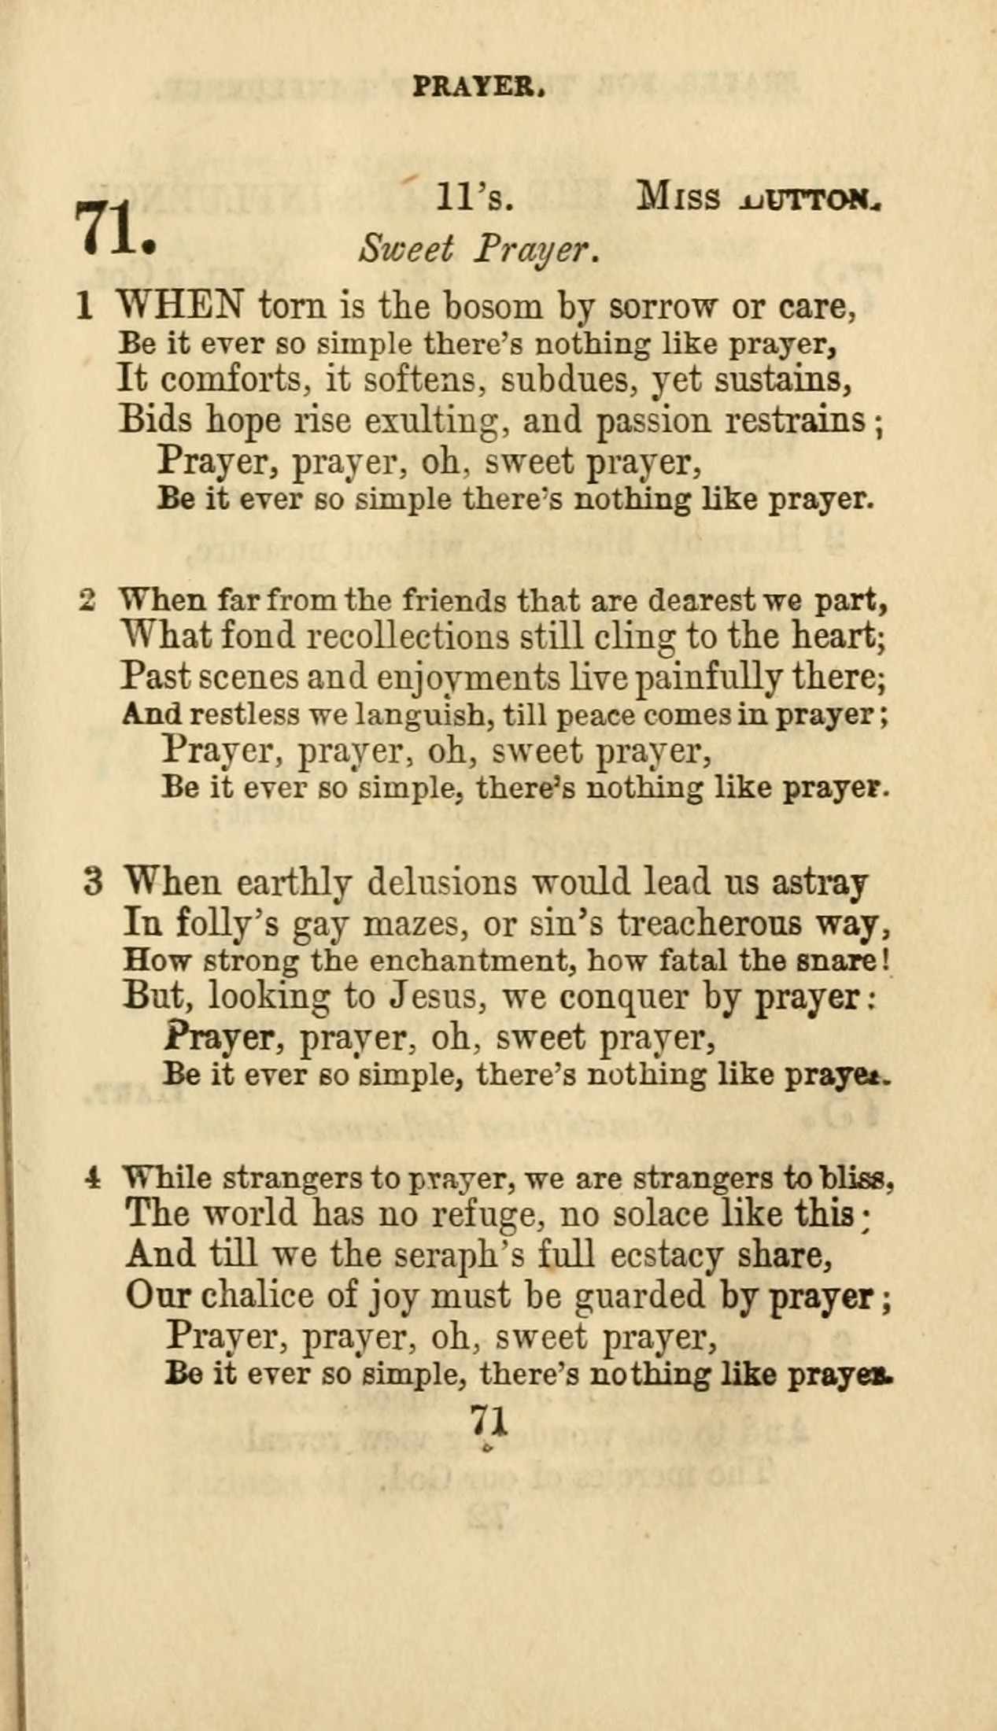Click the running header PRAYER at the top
click(479, 86)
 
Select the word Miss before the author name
click(678, 197)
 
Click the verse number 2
click(88, 600)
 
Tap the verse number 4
click(94, 1178)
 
